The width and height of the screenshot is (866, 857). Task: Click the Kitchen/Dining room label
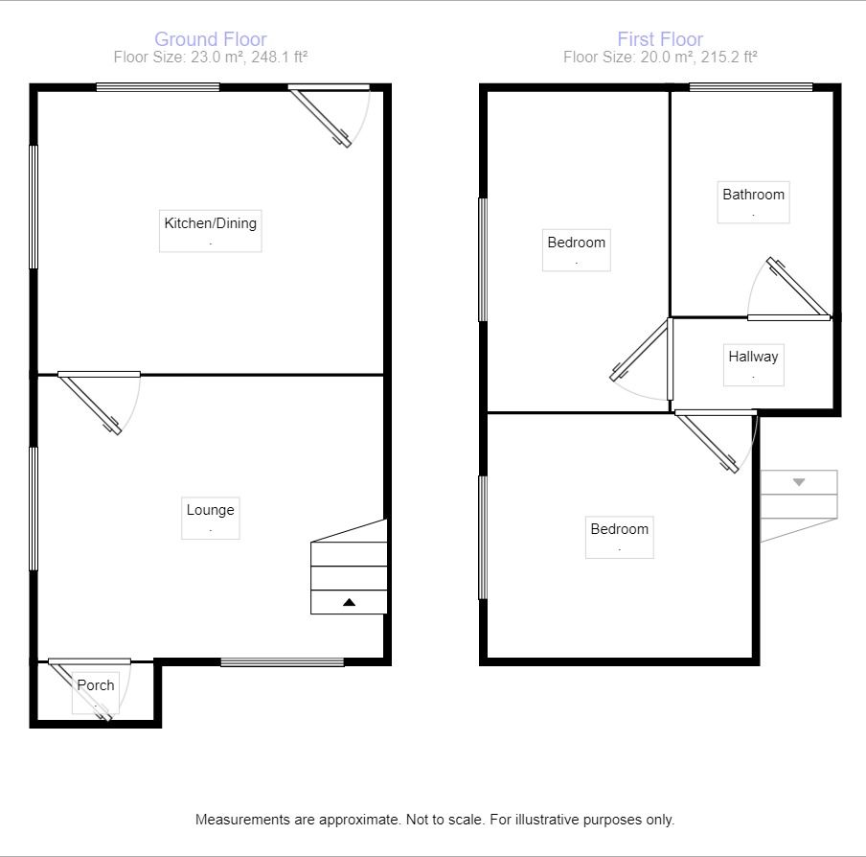click(x=211, y=223)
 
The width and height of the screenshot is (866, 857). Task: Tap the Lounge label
click(x=210, y=510)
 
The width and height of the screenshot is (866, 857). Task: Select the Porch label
click(x=96, y=684)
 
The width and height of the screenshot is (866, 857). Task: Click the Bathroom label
click(x=753, y=195)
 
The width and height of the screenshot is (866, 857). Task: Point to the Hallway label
click(x=753, y=357)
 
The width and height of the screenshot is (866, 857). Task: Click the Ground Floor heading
click(x=211, y=39)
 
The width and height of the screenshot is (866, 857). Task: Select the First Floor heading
click(x=660, y=39)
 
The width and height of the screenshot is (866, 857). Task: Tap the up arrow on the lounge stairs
click(x=349, y=602)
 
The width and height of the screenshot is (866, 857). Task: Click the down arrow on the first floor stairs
click(x=799, y=482)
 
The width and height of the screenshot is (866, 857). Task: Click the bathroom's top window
click(x=751, y=88)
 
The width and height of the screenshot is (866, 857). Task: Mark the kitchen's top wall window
click(x=158, y=88)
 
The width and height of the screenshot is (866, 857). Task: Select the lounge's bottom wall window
click(x=282, y=661)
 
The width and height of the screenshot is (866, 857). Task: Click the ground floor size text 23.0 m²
click(x=204, y=58)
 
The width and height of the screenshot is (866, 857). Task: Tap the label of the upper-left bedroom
click(x=576, y=243)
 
